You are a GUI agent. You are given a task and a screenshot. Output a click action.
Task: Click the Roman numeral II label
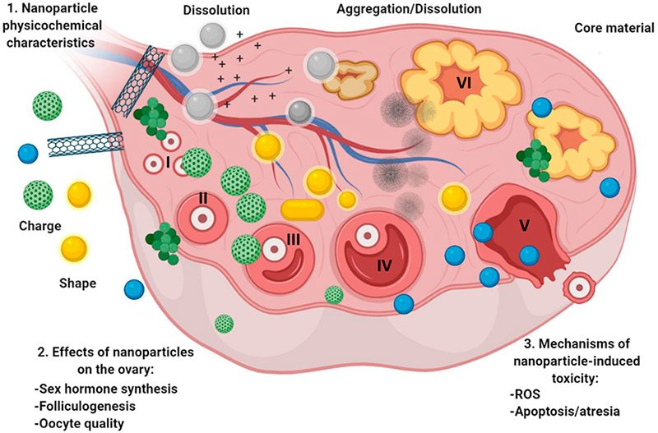pyautogui.click(x=201, y=199)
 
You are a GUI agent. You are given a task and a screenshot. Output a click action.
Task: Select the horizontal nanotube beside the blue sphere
pyautogui.click(x=86, y=145)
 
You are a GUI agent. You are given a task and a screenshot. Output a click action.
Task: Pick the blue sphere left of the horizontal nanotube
pyautogui.click(x=29, y=153)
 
